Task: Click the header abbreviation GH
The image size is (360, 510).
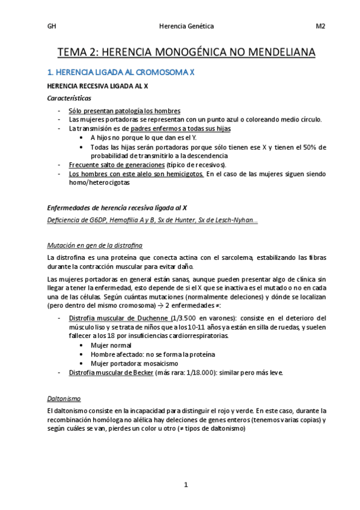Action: pyautogui.click(x=51, y=26)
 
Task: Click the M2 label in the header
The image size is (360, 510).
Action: pyautogui.click(x=320, y=26)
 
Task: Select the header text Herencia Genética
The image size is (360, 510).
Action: pyautogui.click(x=185, y=26)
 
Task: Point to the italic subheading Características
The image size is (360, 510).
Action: pyautogui.click(x=70, y=98)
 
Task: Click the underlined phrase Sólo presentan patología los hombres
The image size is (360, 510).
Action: pyautogui.click(x=124, y=111)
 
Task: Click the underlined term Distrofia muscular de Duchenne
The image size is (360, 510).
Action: pyautogui.click(x=118, y=318)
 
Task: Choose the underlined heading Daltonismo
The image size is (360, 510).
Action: pyautogui.click(x=64, y=398)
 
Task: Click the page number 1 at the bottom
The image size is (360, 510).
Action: pyautogui.click(x=186, y=485)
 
